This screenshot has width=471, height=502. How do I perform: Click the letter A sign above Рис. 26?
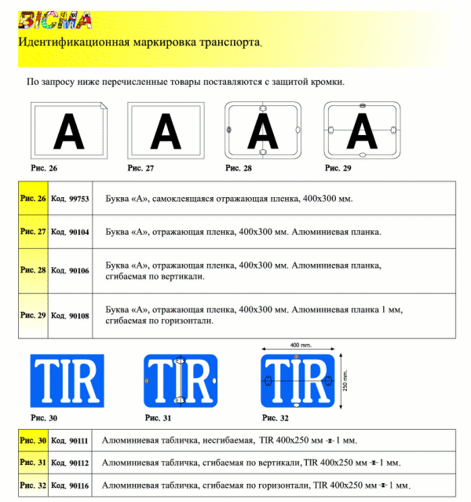(69, 130)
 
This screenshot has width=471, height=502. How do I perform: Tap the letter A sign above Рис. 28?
(263, 130)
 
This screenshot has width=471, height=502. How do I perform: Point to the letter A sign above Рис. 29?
(362, 130)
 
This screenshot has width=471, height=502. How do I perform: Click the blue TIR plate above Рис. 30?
(67, 381)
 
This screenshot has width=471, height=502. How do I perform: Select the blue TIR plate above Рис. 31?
(180, 381)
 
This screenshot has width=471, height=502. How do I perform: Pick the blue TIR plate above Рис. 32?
(298, 381)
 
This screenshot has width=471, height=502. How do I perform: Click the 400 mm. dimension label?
(301, 346)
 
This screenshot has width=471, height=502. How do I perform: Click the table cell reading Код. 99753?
(70, 199)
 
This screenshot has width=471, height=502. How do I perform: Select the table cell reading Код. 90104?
(70, 233)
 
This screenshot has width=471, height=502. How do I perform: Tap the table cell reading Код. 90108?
(70, 315)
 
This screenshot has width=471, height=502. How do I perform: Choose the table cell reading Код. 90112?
(70, 463)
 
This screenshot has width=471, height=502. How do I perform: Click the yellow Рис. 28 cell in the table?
(33, 270)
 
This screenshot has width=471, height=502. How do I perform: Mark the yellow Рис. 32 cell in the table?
(33, 486)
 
